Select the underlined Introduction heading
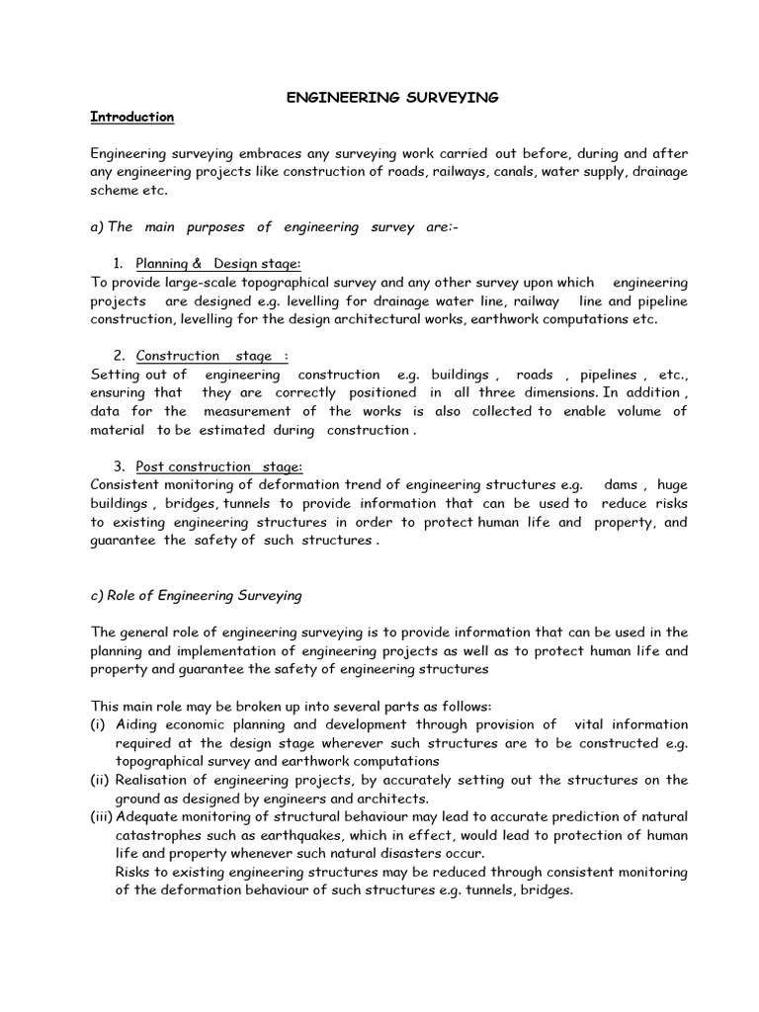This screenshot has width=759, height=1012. click(x=131, y=117)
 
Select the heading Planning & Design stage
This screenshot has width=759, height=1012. click(x=217, y=263)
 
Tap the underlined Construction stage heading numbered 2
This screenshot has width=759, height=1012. click(x=212, y=356)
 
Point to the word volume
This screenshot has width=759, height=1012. click(x=640, y=411)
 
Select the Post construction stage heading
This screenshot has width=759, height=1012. click(x=218, y=466)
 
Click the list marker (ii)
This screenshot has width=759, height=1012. click(x=101, y=780)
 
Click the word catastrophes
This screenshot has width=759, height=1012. click(x=153, y=835)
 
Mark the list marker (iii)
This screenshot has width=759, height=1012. click(x=102, y=816)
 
